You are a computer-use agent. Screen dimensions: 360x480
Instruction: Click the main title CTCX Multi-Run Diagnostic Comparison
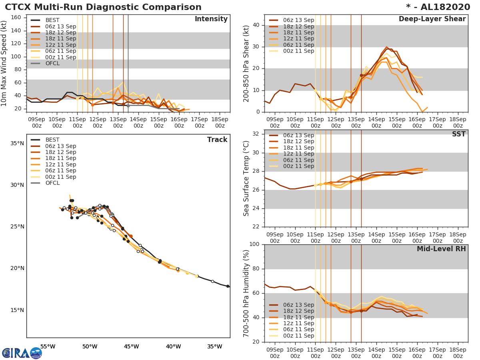103,7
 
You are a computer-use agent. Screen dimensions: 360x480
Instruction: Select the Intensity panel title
211,19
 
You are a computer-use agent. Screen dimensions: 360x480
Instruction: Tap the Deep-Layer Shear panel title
432,19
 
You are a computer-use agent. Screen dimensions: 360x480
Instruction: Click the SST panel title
458,134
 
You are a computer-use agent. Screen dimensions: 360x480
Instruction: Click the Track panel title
217,140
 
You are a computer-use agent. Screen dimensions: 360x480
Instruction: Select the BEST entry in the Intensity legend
52,20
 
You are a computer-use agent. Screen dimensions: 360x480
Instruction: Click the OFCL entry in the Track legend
52,183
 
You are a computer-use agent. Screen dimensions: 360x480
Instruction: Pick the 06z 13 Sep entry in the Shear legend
298,20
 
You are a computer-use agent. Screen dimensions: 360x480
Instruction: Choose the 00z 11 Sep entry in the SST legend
298,166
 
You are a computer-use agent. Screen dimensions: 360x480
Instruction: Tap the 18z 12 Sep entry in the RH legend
298,311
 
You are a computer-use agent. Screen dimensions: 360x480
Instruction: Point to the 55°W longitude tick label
48,346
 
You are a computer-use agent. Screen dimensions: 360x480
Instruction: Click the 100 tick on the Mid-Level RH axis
254,244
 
